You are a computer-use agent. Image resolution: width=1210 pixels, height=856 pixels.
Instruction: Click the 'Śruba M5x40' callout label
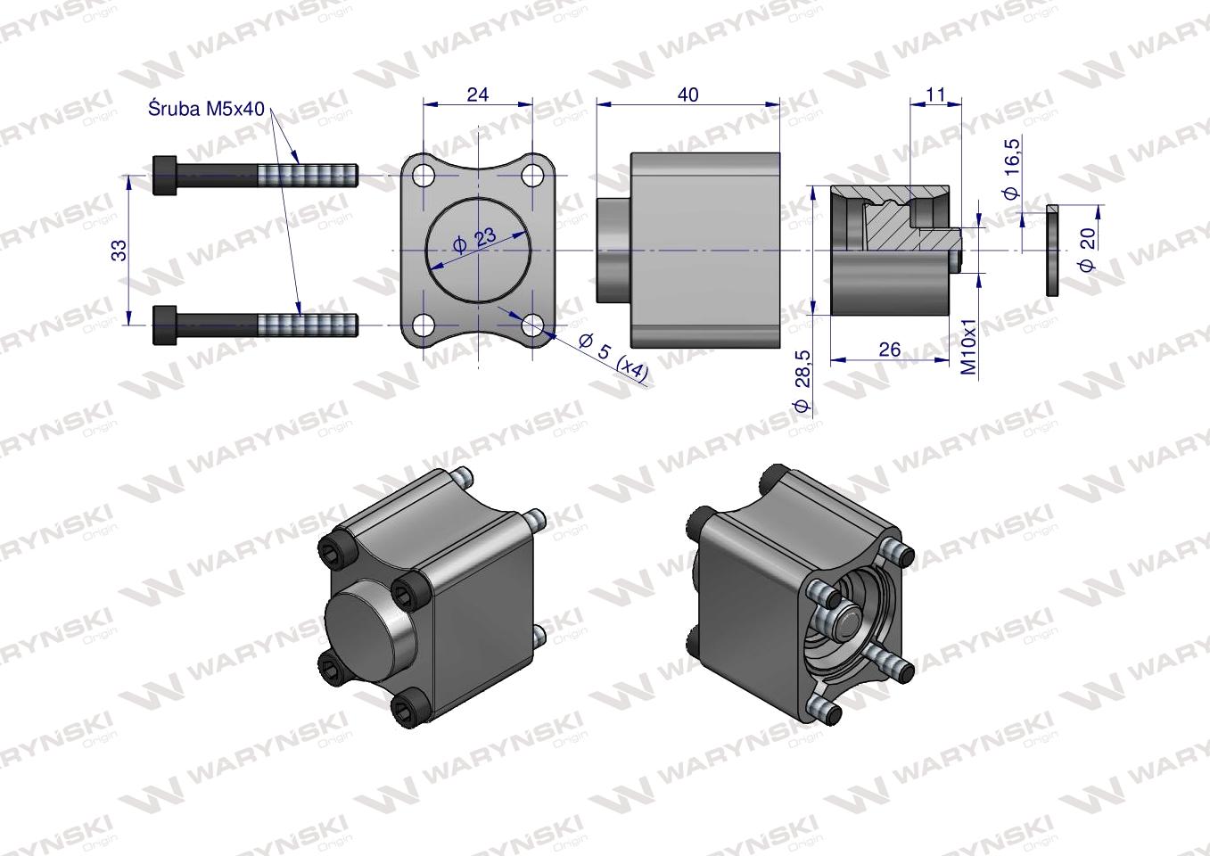pos(206,110)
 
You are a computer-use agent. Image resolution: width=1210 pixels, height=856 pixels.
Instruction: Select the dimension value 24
pos(478,95)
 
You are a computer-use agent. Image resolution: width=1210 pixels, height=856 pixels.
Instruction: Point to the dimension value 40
pos(687,95)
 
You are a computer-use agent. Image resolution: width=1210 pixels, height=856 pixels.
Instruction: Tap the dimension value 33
pos(119,250)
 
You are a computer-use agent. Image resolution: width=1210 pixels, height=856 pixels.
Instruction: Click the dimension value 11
pos(935,95)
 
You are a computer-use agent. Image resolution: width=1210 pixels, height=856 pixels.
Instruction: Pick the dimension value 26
pos(890,350)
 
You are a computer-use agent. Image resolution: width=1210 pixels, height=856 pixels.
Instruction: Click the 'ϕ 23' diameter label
pos(474,241)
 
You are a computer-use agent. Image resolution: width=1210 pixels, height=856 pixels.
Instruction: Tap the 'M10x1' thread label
pos(969,346)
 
